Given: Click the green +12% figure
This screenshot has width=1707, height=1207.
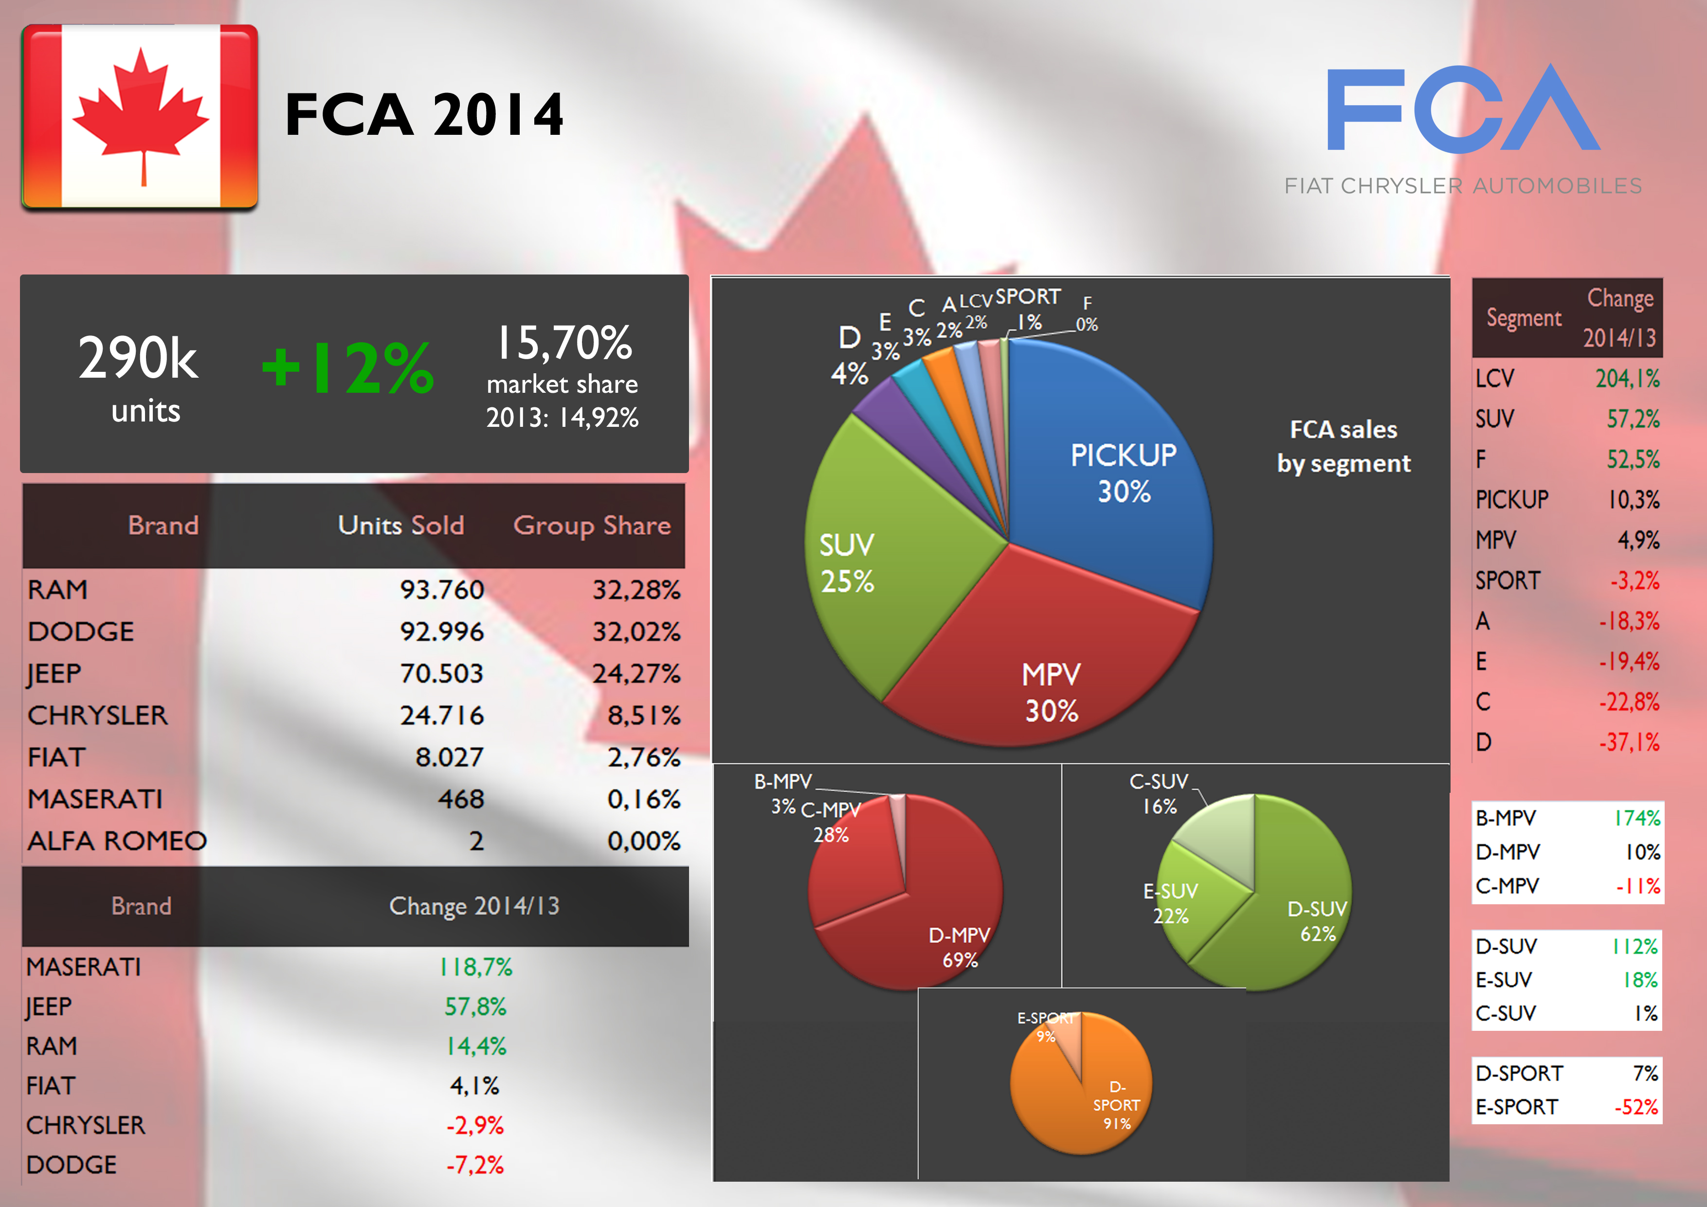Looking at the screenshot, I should [x=348, y=367].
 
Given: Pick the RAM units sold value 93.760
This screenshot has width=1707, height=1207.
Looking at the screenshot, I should [x=442, y=590].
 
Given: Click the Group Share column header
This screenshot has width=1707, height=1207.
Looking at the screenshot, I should [x=592, y=526].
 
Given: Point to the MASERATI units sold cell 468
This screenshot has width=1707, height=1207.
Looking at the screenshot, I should [x=461, y=800].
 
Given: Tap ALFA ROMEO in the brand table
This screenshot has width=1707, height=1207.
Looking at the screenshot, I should [x=117, y=841].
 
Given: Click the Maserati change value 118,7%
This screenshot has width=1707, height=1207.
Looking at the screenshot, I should [x=476, y=967].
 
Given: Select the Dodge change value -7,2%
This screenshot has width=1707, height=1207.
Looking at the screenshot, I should [x=475, y=1165].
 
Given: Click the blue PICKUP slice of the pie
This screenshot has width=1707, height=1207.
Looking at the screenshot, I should [x=1115, y=476].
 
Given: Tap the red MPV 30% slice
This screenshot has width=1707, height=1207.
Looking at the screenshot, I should [x=1041, y=669].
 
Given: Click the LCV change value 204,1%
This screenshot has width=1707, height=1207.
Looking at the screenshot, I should [x=1627, y=379].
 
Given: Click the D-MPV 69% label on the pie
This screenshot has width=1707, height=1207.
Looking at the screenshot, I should [x=959, y=947].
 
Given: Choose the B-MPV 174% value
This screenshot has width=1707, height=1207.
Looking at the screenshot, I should [x=1636, y=818].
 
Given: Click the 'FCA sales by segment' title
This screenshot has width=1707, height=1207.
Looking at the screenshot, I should [x=1344, y=446].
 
